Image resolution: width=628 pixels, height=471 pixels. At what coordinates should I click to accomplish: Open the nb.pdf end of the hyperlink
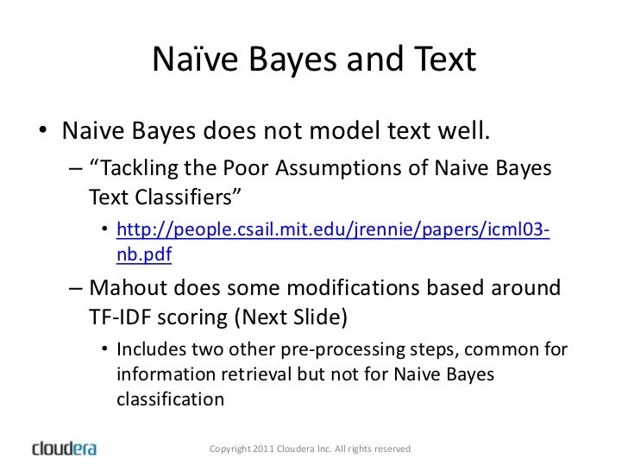click(x=143, y=255)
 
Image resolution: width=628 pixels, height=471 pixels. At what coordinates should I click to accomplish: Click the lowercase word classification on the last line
click(x=169, y=399)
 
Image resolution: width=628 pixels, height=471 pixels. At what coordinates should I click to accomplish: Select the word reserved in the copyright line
click(x=393, y=449)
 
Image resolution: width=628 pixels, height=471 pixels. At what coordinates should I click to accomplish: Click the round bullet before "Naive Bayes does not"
click(x=42, y=133)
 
